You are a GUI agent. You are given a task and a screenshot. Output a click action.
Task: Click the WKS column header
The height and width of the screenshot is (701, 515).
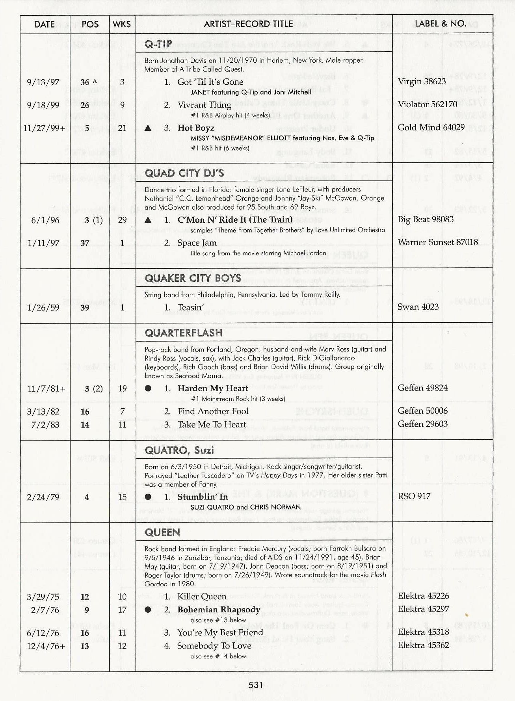point(121,24)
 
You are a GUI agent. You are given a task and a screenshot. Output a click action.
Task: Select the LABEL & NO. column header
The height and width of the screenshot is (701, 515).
point(440,24)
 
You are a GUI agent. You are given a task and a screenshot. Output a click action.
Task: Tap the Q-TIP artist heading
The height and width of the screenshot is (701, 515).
point(158,44)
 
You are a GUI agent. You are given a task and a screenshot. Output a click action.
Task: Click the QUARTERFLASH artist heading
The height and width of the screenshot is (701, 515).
point(184,333)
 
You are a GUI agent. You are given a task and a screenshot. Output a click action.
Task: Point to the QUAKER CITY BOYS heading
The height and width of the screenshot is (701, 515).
point(193,278)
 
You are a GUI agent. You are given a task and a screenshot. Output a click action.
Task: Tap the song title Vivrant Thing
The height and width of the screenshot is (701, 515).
point(204,105)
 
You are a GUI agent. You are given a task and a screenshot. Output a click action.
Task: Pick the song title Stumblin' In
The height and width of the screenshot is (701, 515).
point(203,497)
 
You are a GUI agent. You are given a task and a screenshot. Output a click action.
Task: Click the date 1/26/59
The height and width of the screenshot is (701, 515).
point(43,308)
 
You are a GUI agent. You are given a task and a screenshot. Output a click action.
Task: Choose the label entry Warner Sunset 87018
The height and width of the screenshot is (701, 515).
point(437,242)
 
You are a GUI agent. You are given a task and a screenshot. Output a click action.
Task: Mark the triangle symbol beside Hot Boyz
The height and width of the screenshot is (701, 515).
point(148,128)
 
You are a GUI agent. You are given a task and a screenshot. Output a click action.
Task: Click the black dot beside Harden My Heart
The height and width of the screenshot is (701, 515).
point(148,389)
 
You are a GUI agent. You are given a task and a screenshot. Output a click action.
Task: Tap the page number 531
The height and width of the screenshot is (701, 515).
point(256,685)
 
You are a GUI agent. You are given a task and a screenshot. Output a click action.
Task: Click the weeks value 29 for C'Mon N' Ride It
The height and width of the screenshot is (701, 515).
point(122,220)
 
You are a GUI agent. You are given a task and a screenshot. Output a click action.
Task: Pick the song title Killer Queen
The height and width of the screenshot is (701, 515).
point(202,597)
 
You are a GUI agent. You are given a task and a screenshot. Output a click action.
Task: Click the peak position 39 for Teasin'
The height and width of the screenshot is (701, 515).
point(85,308)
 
